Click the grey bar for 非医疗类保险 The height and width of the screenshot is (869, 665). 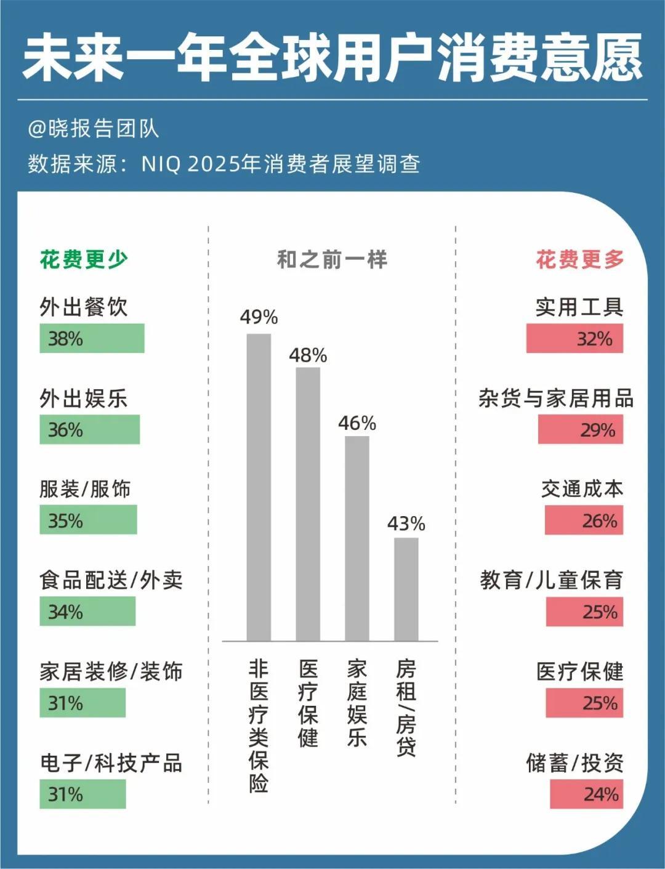coord(259,487)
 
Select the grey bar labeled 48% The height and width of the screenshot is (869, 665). coord(308,504)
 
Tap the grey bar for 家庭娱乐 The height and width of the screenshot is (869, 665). coord(357,538)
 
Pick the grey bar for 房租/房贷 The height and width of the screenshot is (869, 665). coord(406,589)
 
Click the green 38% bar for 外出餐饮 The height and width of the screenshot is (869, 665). coord(92,338)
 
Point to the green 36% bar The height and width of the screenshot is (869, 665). coord(89,429)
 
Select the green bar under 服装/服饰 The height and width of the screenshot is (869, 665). coord(88,520)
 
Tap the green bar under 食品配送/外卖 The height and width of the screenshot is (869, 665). coord(87,612)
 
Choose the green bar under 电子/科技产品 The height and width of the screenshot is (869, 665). coord(83,794)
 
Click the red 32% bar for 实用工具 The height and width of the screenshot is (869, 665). coord(574,338)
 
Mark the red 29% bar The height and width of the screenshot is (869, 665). coord(581,429)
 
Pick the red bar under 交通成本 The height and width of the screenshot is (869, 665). coord(584,520)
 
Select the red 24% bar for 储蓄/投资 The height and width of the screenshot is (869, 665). coord(586,794)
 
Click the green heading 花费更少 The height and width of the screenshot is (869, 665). coord(84,259)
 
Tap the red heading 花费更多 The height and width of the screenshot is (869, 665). coord(579,259)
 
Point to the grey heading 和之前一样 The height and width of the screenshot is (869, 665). coord(332,259)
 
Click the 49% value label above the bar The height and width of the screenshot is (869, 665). coord(259,317)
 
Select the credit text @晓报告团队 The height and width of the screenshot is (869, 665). coord(94,129)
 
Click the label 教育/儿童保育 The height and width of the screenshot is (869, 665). coord(552,580)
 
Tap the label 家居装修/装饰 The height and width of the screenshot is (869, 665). coord(111,671)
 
